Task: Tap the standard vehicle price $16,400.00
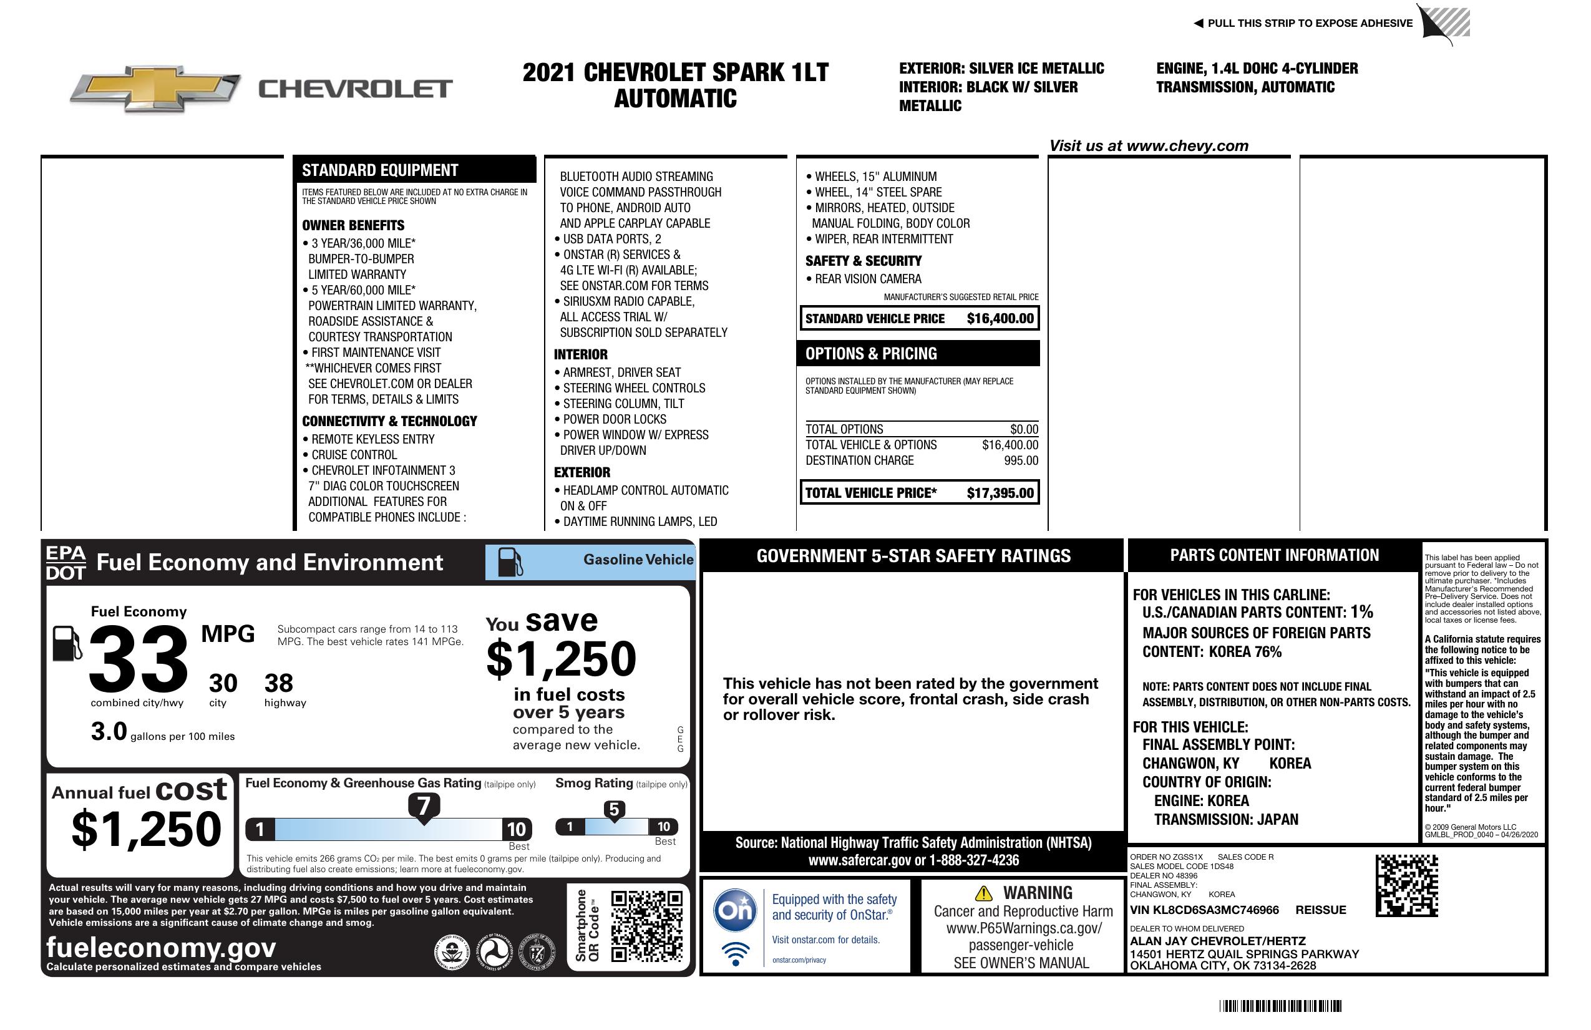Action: (x=1000, y=319)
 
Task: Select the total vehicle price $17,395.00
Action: (x=1000, y=493)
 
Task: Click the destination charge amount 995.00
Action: (x=1021, y=460)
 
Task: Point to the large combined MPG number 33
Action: (x=139, y=659)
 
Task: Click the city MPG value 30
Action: (x=223, y=683)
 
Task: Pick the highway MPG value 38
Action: (x=279, y=683)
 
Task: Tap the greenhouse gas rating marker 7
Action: (x=424, y=806)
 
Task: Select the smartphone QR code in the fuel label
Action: (x=646, y=926)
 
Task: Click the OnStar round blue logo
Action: (x=735, y=910)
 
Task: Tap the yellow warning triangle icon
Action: (x=983, y=893)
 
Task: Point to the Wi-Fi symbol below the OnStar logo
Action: (x=736, y=953)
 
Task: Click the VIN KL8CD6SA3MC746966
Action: (x=1204, y=910)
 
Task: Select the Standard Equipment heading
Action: (x=380, y=170)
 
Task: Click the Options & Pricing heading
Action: (x=870, y=354)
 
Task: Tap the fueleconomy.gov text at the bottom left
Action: (x=161, y=948)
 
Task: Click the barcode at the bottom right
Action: (x=1280, y=1006)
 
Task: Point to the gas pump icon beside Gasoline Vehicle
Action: (x=510, y=562)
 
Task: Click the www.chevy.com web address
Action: (x=1187, y=146)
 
